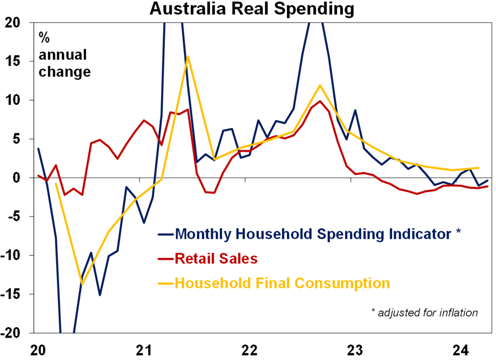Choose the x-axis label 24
pos(458,350)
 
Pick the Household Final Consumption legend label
pos(282,283)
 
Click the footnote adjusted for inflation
pos(424,312)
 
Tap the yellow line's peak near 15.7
pos(188,56)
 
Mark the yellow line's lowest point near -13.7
pos(83,284)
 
